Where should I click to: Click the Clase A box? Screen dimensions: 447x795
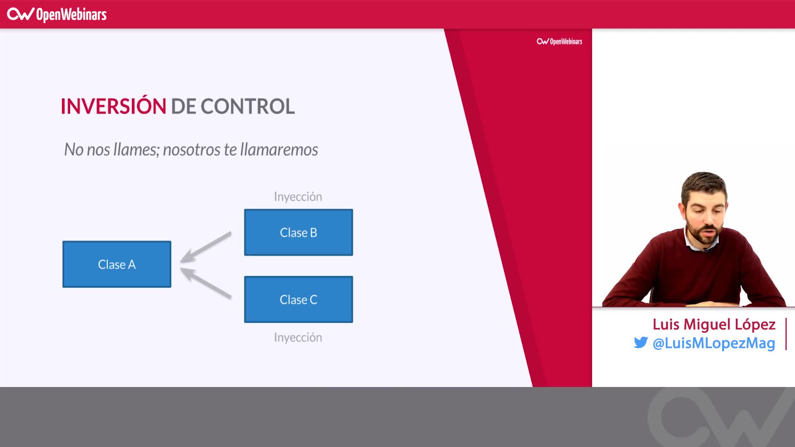[x=117, y=264]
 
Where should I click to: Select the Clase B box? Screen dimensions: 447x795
[x=298, y=232]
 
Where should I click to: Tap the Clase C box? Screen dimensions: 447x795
[x=298, y=299]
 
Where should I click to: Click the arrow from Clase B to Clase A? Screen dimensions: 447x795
[x=206, y=247]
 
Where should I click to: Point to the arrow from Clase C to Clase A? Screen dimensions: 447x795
[x=206, y=283]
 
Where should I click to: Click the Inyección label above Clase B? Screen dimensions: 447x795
[x=298, y=197]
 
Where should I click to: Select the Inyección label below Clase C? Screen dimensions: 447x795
[x=298, y=337]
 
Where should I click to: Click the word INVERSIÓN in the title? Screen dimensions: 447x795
[x=113, y=106]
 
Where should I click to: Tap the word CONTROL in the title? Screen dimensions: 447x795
[x=248, y=106]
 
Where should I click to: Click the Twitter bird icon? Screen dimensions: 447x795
[x=641, y=343]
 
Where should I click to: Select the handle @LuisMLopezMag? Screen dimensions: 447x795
[x=714, y=343]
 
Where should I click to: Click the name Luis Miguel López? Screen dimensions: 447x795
[x=714, y=324]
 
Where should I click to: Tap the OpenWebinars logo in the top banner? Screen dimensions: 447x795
[x=57, y=14]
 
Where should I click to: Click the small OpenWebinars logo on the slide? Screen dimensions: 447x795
[x=559, y=41]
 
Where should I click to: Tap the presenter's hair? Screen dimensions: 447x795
[x=704, y=182]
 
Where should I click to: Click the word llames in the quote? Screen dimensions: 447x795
[x=136, y=149]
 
